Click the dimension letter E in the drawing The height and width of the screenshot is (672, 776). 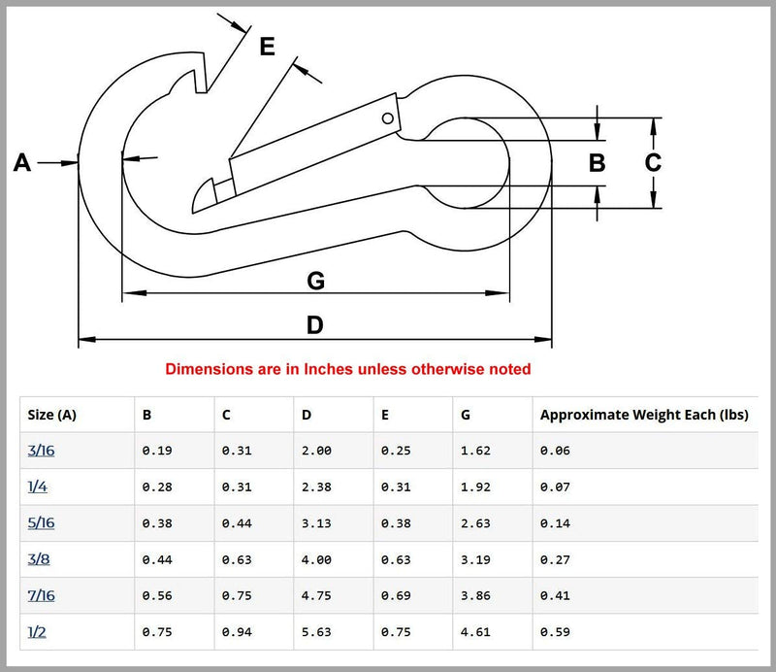coord(267,46)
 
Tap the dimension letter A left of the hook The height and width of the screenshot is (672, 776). coord(22,163)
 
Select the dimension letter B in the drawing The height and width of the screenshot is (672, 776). coord(598,163)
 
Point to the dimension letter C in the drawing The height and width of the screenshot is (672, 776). coord(653,163)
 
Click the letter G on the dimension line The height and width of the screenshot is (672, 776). coord(315,282)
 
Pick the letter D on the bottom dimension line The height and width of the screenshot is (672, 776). coord(314,325)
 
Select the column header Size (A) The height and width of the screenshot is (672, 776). coord(52,415)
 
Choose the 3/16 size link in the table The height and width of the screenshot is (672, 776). coord(41,451)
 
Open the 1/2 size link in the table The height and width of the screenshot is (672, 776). coord(38,632)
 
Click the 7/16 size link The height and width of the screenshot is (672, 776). coord(41,596)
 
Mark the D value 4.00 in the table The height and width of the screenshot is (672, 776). coord(316,559)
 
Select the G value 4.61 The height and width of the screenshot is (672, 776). coord(476,632)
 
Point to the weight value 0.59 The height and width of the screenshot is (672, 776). coord(555,632)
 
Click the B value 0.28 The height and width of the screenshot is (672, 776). coord(157,487)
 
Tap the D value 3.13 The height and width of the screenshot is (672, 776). coord(316,523)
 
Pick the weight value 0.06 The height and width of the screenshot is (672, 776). coord(555,451)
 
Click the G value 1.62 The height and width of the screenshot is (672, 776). coord(476,451)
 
